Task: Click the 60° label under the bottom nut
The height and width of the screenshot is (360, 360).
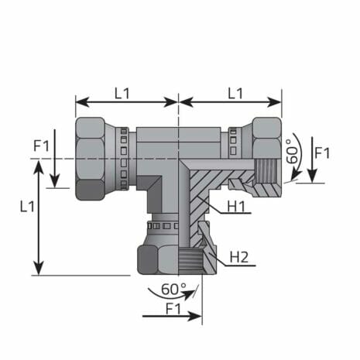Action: pos(174,289)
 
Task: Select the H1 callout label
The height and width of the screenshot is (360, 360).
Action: pos(238,206)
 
